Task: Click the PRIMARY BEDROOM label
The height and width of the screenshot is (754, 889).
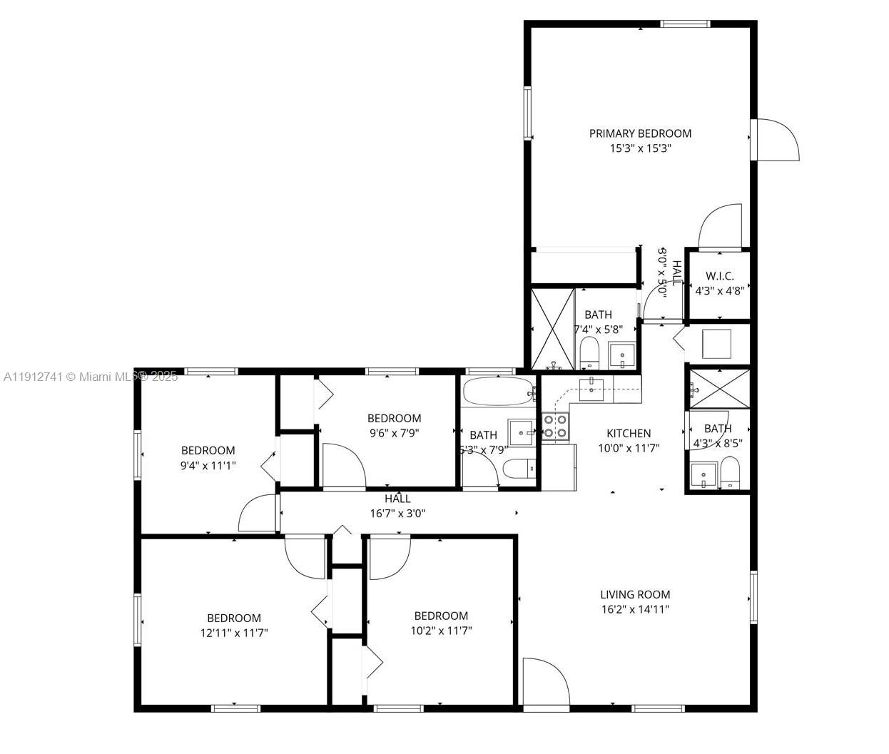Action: (x=640, y=133)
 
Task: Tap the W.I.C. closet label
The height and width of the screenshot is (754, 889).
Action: (x=719, y=276)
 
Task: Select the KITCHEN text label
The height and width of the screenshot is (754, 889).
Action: (x=629, y=433)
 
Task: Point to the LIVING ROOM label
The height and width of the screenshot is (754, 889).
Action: (x=635, y=594)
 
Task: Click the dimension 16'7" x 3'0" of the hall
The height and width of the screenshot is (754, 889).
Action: (x=397, y=513)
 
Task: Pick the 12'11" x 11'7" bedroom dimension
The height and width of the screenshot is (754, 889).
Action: (x=234, y=632)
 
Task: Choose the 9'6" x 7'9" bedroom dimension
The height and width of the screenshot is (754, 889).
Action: (x=395, y=432)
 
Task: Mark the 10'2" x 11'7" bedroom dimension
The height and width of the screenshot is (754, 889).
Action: (x=441, y=630)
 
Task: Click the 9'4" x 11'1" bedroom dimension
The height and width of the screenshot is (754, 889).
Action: (x=208, y=465)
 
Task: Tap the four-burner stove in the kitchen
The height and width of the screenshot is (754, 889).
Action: (x=555, y=426)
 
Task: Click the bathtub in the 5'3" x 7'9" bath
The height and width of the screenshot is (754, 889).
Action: (x=498, y=391)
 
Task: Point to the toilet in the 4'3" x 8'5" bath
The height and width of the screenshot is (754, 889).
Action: (x=730, y=472)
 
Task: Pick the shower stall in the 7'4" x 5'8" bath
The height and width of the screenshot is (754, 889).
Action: (x=553, y=329)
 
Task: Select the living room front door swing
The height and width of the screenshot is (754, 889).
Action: (x=545, y=683)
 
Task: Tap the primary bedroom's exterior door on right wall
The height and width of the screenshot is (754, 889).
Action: (x=776, y=140)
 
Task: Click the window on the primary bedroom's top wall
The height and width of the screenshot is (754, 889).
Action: (x=685, y=24)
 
